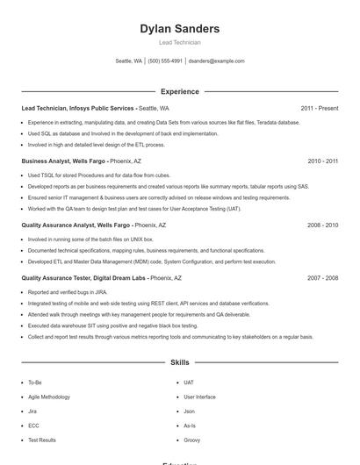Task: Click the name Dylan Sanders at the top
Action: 179,29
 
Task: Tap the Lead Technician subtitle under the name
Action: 179,42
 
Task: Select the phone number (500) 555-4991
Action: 165,61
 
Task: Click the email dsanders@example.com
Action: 216,61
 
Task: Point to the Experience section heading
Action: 179,91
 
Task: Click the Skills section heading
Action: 179,361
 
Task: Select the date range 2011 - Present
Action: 319,108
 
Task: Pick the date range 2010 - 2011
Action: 322,161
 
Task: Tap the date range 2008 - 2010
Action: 322,225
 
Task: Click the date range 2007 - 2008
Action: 322,278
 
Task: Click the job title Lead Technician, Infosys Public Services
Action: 78,108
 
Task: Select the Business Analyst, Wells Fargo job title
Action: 63,161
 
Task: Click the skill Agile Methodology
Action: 50,397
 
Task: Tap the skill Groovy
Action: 191,440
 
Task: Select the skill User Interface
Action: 199,397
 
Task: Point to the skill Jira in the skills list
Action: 32,411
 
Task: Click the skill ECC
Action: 33,426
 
